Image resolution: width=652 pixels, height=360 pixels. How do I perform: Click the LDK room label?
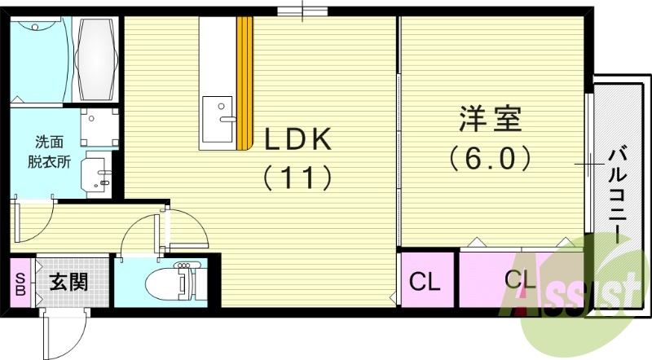click(x=297, y=139)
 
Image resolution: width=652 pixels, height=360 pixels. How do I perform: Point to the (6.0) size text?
click(x=491, y=156)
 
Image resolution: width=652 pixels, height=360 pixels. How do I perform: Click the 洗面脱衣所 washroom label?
click(x=52, y=151)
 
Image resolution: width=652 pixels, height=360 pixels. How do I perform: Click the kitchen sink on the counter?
click(x=217, y=110)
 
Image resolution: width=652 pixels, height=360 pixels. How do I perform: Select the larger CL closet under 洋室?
click(x=519, y=279)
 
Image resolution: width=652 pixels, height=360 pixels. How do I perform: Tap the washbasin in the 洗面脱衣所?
click(x=99, y=173)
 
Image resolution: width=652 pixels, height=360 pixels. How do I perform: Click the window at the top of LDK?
click(x=302, y=11)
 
